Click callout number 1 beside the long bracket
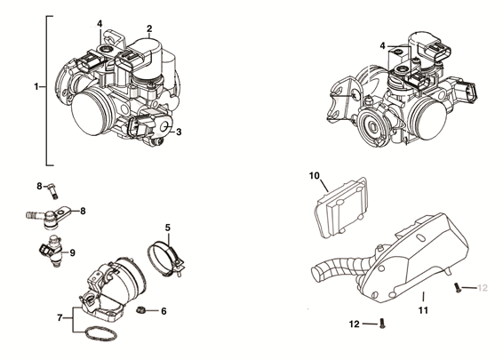pyautogui.click(x=36, y=86)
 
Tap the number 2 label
pyautogui.click(x=149, y=28)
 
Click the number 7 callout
pyautogui.click(x=60, y=316)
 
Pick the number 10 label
pyautogui.click(x=314, y=177)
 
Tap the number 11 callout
pyautogui.click(x=424, y=310)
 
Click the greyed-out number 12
pyautogui.click(x=483, y=287)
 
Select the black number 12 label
pyautogui.click(x=354, y=324)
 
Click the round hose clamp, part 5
pyautogui.click(x=167, y=258)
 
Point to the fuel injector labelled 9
pyautogui.click(x=52, y=252)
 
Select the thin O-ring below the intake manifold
pyautogui.click(x=100, y=335)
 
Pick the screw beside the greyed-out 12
pyautogui.click(x=457, y=287)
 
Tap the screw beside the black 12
pyautogui.click(x=381, y=324)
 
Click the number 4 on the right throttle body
pyautogui.click(x=383, y=45)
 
